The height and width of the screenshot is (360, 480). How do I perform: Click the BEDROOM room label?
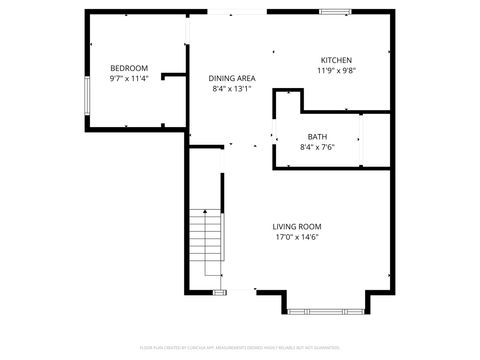[129, 68]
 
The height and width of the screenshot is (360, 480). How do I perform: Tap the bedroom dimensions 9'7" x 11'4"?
[129, 78]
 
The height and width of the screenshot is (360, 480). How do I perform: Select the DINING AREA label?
[232, 78]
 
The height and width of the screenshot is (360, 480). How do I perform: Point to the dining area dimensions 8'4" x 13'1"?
[232, 89]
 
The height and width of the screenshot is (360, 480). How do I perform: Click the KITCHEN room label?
[336, 60]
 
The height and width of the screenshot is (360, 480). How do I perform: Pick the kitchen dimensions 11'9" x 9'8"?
[336, 71]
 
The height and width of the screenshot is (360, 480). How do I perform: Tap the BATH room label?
[317, 137]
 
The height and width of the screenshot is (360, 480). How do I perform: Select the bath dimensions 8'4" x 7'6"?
[317, 148]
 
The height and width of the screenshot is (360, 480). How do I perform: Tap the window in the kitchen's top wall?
[335, 12]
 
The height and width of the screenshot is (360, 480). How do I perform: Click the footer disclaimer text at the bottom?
[240, 347]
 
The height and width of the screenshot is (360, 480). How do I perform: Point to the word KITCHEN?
[336, 60]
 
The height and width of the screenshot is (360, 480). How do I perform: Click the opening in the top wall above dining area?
[237, 12]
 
